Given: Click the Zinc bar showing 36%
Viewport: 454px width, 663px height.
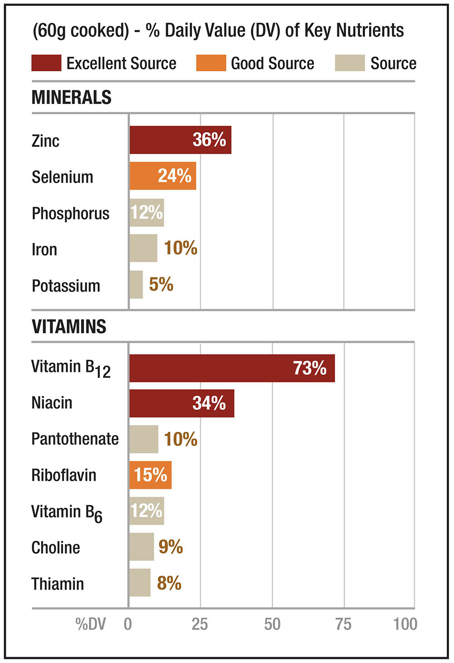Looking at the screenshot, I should tap(180, 140).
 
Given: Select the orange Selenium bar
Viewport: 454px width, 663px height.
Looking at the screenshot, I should tap(163, 176).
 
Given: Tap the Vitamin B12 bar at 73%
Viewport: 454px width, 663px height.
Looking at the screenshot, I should tap(232, 368).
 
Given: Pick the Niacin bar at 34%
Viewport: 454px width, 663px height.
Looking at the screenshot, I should tap(182, 403).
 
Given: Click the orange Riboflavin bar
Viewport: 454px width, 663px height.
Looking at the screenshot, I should tap(150, 475).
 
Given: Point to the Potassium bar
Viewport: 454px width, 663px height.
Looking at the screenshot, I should tap(136, 285).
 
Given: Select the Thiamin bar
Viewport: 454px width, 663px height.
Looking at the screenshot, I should tap(140, 583).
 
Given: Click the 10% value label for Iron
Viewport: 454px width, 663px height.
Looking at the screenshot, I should tap(181, 248).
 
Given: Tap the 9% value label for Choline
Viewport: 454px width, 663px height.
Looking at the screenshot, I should tap(171, 547).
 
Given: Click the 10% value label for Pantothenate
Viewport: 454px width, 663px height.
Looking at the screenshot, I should tap(181, 439).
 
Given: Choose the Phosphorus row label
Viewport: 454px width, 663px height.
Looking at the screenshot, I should tap(70, 213).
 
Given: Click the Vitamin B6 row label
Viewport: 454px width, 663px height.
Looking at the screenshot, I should tap(67, 512).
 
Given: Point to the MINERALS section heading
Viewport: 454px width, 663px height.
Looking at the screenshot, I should tap(71, 97).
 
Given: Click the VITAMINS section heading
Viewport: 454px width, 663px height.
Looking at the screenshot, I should tap(69, 327).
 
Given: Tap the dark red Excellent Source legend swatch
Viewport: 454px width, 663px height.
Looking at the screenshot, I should tap(46, 63).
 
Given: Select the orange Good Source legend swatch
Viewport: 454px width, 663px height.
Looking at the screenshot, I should tap(211, 63).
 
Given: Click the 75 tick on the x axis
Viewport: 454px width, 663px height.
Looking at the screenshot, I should tap(344, 624).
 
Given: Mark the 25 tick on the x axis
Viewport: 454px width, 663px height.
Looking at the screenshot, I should tap(200, 624).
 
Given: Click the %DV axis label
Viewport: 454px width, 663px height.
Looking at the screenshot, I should tap(90, 624).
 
